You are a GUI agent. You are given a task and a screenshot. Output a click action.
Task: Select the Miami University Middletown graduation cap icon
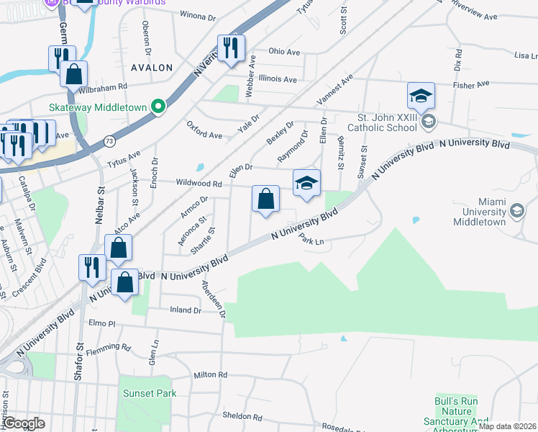(516, 210)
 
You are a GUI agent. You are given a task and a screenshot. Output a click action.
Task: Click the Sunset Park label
(149, 393)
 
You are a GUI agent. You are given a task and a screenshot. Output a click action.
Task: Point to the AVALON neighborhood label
(152, 68)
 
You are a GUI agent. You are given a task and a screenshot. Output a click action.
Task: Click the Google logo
(24, 423)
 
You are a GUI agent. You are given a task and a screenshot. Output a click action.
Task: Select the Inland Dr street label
(185, 310)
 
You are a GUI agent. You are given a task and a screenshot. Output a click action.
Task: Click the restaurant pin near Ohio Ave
(231, 48)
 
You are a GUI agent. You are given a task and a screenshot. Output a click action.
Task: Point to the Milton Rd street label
(210, 375)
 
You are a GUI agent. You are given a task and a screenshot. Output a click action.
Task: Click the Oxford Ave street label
(204, 134)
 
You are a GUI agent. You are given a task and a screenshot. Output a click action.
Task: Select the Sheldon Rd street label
(242, 416)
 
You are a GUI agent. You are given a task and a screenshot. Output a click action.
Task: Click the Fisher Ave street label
(469, 85)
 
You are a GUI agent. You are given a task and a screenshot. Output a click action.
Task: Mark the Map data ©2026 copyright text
(508, 426)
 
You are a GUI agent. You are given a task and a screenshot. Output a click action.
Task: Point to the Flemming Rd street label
(108, 349)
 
